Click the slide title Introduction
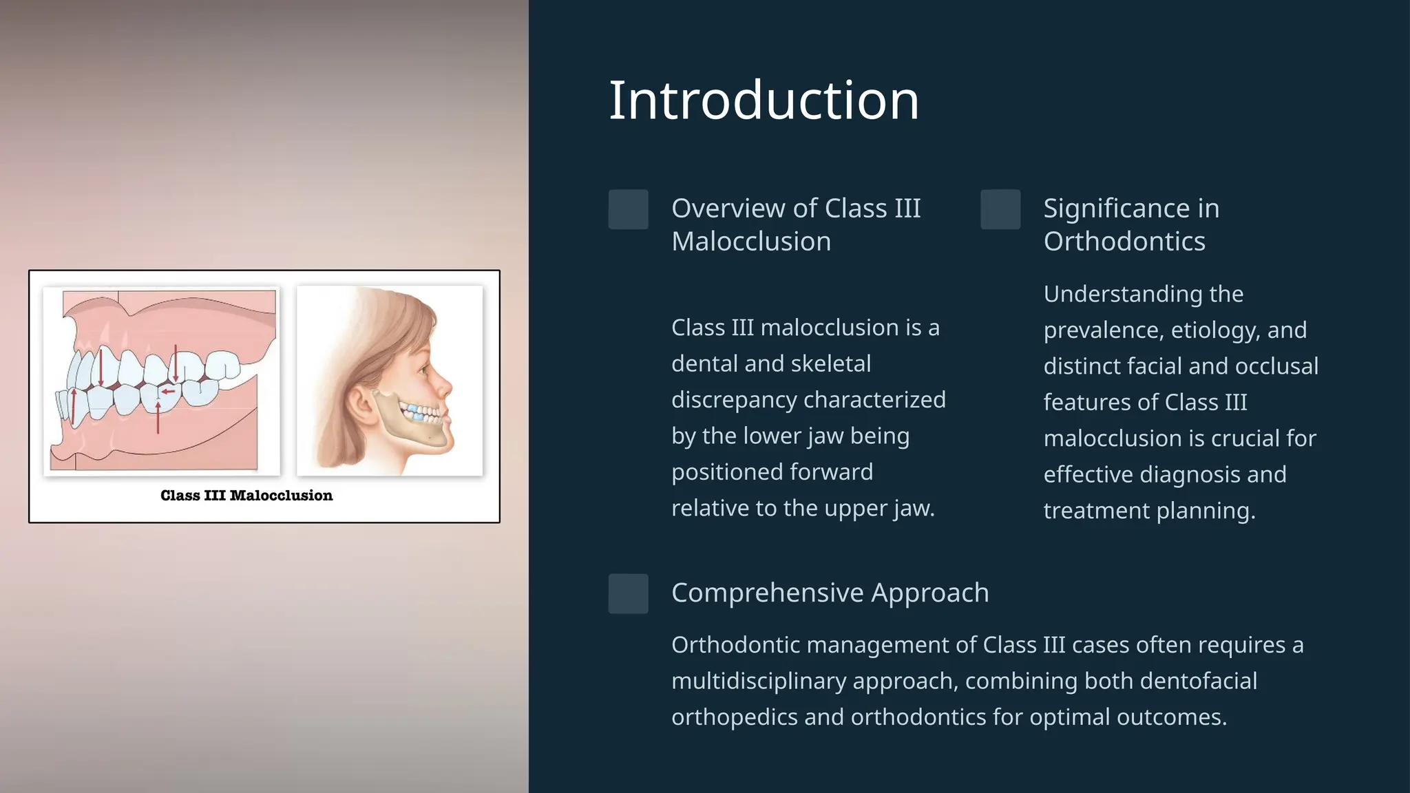tap(764, 101)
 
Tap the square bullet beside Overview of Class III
tap(628, 209)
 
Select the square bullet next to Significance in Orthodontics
tap(1000, 209)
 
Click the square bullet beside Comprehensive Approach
tap(628, 593)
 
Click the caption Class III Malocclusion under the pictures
tap(246, 496)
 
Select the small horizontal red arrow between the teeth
tap(167, 392)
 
